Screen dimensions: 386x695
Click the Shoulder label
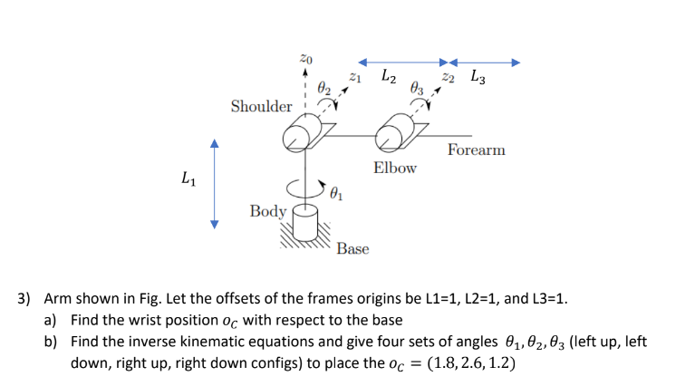click(x=261, y=107)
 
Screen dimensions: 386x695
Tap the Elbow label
click(x=395, y=168)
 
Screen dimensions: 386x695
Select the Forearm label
click(x=476, y=150)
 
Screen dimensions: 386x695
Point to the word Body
click(x=267, y=211)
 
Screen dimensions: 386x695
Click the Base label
click(x=352, y=248)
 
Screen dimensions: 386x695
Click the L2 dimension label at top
click(x=387, y=76)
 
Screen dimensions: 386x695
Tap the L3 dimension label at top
click(x=478, y=77)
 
